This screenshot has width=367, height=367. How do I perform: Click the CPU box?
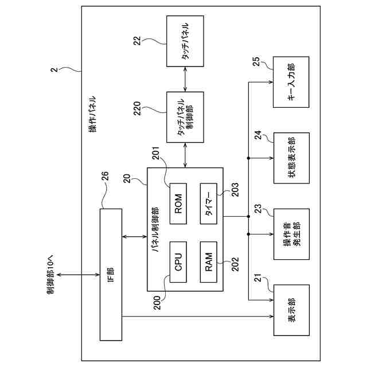click(x=178, y=262)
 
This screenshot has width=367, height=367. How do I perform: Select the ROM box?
click(x=178, y=204)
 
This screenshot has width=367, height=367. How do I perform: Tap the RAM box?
click(x=209, y=262)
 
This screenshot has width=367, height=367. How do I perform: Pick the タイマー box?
click(x=209, y=204)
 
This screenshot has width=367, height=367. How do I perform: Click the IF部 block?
click(x=111, y=275)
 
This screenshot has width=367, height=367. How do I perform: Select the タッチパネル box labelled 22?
click(x=185, y=41)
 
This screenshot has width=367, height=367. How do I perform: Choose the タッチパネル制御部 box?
click(x=185, y=117)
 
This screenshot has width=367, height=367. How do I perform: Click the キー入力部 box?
click(x=291, y=82)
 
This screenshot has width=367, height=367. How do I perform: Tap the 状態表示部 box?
click(x=291, y=158)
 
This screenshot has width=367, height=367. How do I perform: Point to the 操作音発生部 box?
click(x=291, y=234)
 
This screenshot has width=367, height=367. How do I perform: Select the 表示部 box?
click(x=291, y=310)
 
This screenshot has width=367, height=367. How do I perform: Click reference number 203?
click(x=235, y=190)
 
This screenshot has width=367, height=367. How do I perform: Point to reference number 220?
click(x=137, y=108)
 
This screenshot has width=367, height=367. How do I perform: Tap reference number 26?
click(x=105, y=176)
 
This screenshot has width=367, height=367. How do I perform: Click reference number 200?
click(x=157, y=303)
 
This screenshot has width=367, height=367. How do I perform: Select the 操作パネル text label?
click(x=93, y=114)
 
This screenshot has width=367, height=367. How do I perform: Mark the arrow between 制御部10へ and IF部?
click(x=79, y=275)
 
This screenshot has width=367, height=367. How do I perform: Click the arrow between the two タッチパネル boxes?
click(x=185, y=79)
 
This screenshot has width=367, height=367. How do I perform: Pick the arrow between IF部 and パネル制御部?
click(x=135, y=237)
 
